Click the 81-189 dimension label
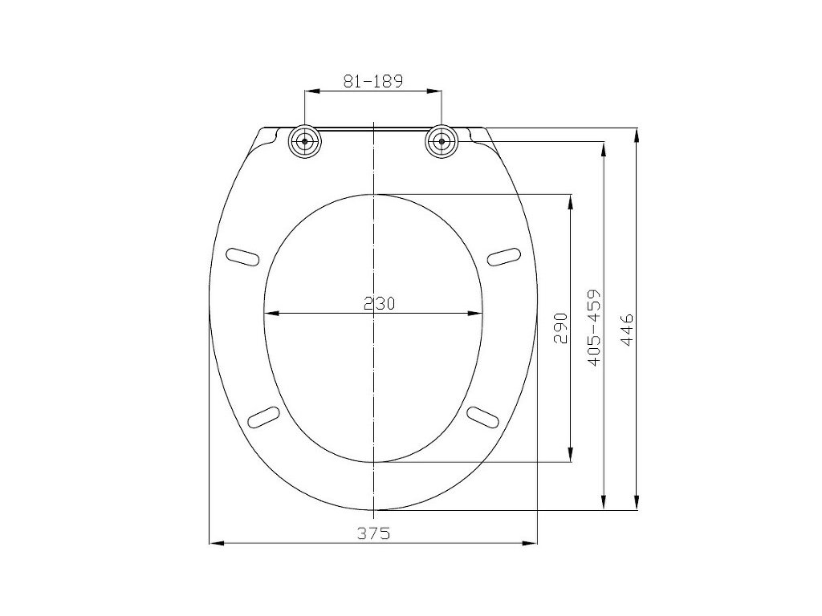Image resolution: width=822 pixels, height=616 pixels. (x=372, y=81)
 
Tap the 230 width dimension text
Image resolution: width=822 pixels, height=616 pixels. (x=379, y=303)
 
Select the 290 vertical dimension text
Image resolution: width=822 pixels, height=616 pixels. (x=561, y=328)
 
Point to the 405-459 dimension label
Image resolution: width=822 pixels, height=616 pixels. (x=594, y=327)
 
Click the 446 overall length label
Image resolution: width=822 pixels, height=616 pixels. (x=627, y=330)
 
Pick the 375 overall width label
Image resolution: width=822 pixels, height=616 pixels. (x=374, y=533)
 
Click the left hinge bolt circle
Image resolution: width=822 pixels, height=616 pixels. (x=304, y=142)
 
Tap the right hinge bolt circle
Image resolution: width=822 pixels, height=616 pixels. (x=442, y=142)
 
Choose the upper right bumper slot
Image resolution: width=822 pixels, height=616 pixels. (x=504, y=257)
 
